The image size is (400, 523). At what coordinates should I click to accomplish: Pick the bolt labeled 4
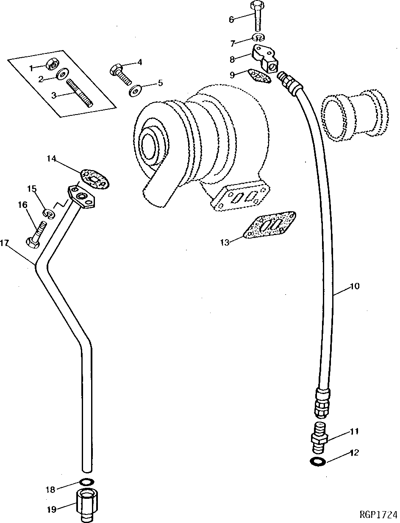[119, 73]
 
